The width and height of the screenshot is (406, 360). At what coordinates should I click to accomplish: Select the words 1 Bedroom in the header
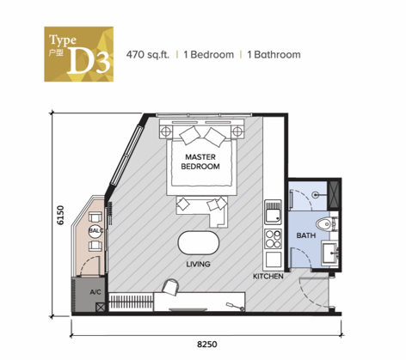pyautogui.click(x=207, y=54)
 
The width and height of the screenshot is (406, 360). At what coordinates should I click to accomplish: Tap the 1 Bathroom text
pyautogui.click(x=273, y=54)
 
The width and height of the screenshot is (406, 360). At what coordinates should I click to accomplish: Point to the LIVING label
pyautogui.click(x=200, y=264)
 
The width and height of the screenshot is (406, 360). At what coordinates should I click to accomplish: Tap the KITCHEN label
pyautogui.click(x=268, y=277)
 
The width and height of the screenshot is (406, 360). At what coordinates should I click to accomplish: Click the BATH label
pyautogui.click(x=305, y=235)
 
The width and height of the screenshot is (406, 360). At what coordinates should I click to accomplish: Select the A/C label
pyautogui.click(x=96, y=292)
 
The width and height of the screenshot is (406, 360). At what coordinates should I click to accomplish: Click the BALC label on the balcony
pyautogui.click(x=95, y=231)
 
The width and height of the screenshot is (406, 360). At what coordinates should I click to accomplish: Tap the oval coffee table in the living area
pyautogui.click(x=200, y=241)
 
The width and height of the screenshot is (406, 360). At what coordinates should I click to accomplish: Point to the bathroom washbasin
pyautogui.click(x=330, y=253)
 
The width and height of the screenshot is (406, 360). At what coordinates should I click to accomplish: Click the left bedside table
pyautogui.click(x=165, y=131)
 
